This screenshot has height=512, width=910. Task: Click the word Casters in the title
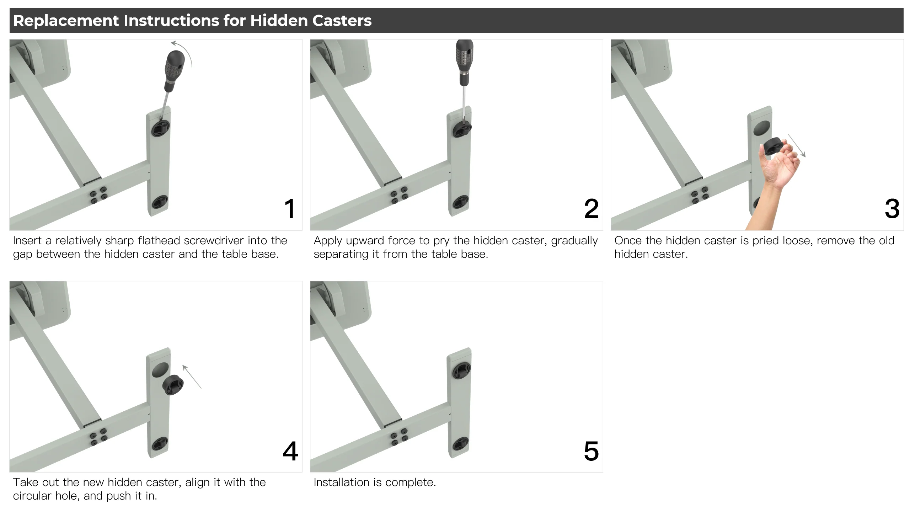coord(342,21)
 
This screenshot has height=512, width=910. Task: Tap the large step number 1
coord(290,209)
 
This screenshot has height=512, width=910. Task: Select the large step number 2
coord(591,209)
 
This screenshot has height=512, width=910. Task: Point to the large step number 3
coord(892,209)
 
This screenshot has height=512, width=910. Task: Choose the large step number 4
coord(290,451)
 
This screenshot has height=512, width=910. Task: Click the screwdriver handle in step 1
coord(174,70)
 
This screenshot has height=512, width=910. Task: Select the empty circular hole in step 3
coord(761,128)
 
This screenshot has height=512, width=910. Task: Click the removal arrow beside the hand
coord(797,145)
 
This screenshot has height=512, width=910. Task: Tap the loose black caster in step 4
coord(173,385)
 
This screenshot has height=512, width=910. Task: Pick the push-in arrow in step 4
coord(192,377)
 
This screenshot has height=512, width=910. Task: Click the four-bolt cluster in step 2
coord(400,195)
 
